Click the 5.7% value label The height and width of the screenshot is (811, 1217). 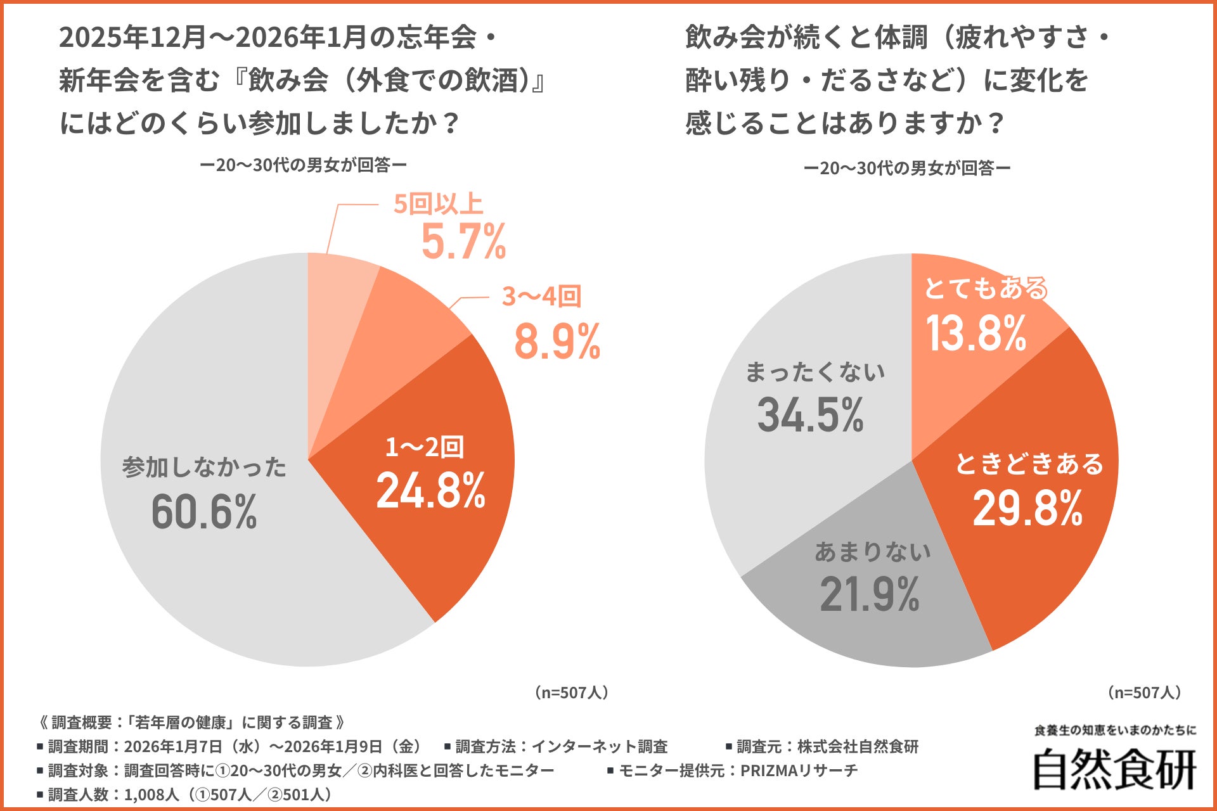463,242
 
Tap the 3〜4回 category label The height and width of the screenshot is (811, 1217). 541,297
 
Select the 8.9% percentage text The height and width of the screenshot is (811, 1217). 557,342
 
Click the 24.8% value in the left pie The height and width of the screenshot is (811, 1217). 431,491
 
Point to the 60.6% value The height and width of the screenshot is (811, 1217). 204,512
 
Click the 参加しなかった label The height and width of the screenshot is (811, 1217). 204,468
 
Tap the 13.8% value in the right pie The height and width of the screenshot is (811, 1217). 976,334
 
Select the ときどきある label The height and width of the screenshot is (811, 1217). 1029,464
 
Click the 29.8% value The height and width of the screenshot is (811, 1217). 1027,509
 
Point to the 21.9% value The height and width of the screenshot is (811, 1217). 870,595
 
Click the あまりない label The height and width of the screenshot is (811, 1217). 873,552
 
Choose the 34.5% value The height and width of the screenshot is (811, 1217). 811,416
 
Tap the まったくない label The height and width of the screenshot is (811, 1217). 815,372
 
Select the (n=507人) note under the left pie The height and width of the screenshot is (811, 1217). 572,693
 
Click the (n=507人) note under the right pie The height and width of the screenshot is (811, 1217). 1145,693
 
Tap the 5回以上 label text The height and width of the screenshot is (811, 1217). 438,204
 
